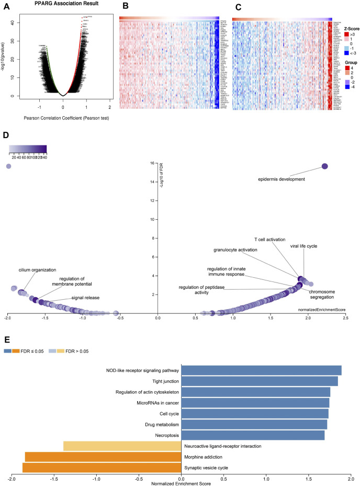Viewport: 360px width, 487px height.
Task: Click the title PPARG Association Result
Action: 63,5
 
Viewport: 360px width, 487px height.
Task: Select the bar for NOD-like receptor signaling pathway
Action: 261,370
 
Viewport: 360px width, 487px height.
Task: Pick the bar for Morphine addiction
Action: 103,457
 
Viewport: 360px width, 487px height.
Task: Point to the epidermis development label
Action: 282,179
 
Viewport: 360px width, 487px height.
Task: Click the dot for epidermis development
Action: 324,166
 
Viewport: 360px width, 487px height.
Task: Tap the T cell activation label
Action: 269,240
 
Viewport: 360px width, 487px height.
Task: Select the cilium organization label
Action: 37,270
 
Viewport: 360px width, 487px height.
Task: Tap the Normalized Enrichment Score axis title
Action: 181,484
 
